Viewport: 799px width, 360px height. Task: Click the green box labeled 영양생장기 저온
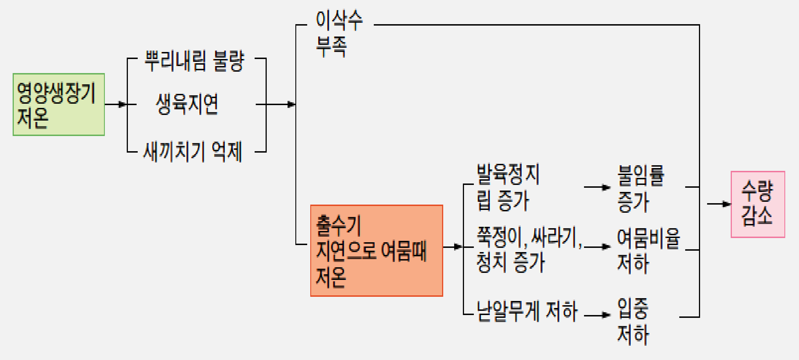(x=59, y=105)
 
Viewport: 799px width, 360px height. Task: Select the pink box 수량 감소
(x=758, y=204)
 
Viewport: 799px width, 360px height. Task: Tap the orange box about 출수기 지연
(x=377, y=251)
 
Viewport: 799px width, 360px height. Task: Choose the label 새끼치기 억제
(x=193, y=152)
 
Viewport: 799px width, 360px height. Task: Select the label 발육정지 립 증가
(x=508, y=187)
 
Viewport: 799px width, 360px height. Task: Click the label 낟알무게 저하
(x=527, y=311)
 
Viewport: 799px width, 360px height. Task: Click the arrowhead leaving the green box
(x=123, y=104)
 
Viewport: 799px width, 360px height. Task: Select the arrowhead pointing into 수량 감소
(x=726, y=204)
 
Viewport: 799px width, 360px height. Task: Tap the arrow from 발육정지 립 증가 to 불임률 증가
(x=597, y=187)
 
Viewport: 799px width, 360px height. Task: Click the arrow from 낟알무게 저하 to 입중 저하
(x=597, y=315)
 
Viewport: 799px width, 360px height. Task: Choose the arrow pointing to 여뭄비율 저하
(x=597, y=247)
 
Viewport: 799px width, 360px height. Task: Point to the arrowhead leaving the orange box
(x=458, y=247)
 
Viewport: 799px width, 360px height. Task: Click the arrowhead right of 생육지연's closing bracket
(x=291, y=104)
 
